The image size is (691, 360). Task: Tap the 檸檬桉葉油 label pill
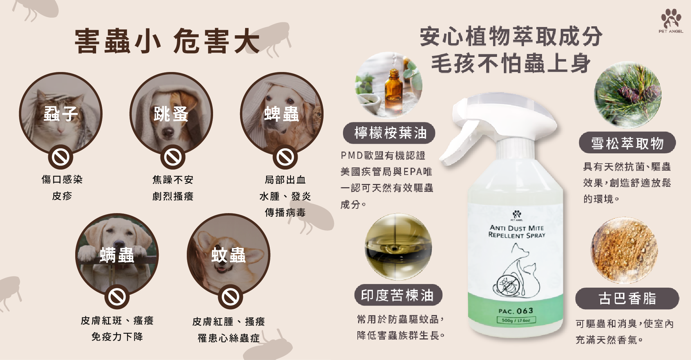click(x=389, y=133)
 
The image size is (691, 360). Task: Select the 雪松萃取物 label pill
click(x=627, y=143)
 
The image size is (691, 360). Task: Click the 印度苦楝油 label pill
click(x=398, y=295)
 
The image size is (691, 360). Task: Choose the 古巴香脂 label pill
click(x=627, y=298)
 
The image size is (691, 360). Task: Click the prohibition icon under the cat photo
click(x=60, y=157)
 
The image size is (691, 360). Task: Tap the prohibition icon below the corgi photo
click(x=230, y=297)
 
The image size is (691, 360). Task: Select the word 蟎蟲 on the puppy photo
click(x=117, y=255)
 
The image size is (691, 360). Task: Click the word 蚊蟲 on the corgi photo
click(x=229, y=255)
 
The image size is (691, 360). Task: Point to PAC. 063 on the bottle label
click(x=516, y=311)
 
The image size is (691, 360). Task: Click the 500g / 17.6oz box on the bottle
click(x=516, y=320)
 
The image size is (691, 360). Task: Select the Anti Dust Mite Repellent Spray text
click(x=517, y=231)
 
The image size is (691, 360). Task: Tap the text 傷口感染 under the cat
click(x=62, y=179)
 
